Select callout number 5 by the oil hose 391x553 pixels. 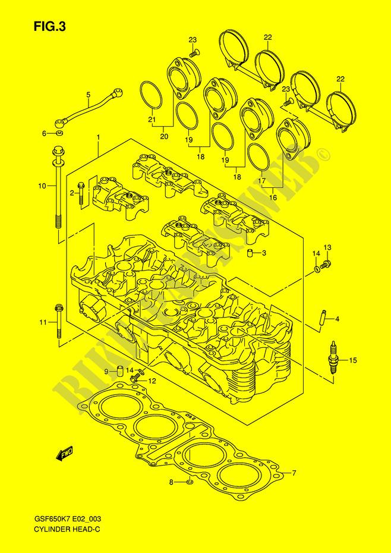coord(88,95)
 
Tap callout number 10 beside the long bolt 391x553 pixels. coord(42,187)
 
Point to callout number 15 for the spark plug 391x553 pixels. coord(353,360)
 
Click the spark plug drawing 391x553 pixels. coord(331,357)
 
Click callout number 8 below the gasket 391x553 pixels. coord(171,483)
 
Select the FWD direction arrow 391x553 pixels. coord(64,454)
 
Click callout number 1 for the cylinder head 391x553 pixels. coord(98,138)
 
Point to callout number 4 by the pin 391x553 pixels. coord(336,319)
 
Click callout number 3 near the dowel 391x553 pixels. coord(264,253)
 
